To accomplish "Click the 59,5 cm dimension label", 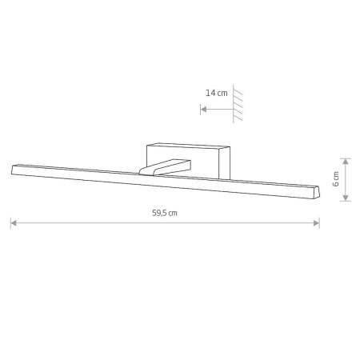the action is [x=165, y=213].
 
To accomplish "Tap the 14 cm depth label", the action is [x=216, y=93].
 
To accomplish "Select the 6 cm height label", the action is [x=336, y=179].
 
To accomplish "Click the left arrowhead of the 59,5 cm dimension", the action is [x=14, y=223].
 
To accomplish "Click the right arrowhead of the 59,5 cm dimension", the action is [x=316, y=223].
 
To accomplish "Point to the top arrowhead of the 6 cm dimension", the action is [x=346, y=162].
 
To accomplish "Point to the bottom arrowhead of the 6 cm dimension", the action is [x=346, y=198].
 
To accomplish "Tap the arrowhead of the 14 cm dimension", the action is [x=203, y=110].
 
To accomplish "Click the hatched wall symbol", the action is [x=238, y=104].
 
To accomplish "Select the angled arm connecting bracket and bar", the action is [x=165, y=167].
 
